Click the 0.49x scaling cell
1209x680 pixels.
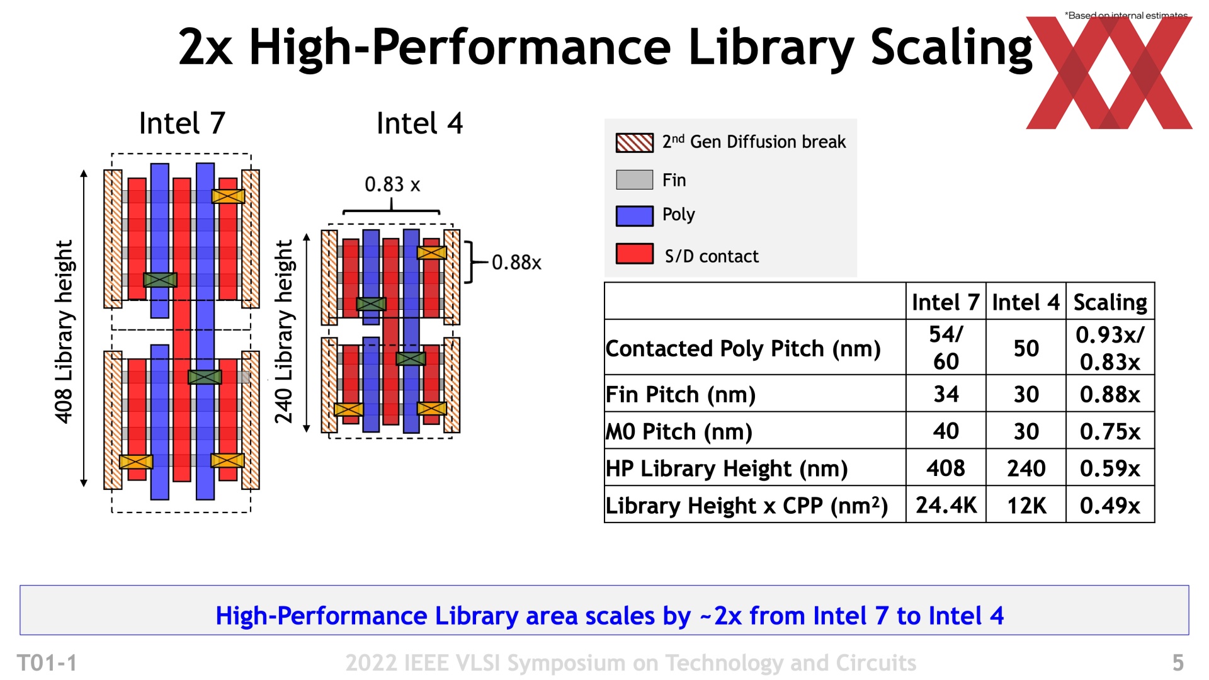point(1110,505)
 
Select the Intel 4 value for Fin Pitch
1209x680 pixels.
point(1026,394)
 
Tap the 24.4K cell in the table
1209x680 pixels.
point(946,505)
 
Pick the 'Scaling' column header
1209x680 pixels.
point(1110,302)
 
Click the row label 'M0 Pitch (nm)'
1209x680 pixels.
point(679,431)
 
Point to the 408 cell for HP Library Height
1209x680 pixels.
point(946,468)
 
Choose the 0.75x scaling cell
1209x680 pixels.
point(1110,431)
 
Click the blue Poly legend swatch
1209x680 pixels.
point(634,216)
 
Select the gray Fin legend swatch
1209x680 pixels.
point(634,179)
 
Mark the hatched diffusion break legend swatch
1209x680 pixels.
point(634,143)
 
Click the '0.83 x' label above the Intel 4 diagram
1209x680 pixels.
point(392,184)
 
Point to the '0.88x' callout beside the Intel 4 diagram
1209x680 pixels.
point(516,262)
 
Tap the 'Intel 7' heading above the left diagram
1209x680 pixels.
point(182,123)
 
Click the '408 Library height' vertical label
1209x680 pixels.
point(64,331)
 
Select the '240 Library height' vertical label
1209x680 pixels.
point(284,331)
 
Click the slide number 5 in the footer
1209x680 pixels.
point(1178,662)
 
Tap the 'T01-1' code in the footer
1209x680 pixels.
point(47,662)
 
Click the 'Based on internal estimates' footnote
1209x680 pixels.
point(1127,15)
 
